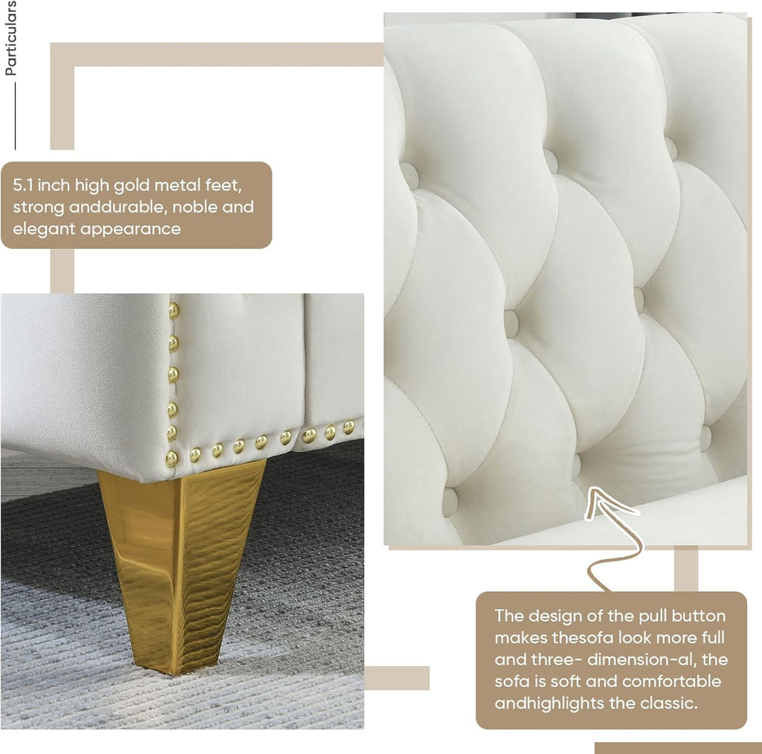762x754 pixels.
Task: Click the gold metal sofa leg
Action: [x=182, y=558]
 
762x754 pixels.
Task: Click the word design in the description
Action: [x=554, y=616]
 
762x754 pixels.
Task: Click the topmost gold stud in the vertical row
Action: [x=173, y=306]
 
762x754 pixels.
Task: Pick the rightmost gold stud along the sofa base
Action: [x=348, y=427]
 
